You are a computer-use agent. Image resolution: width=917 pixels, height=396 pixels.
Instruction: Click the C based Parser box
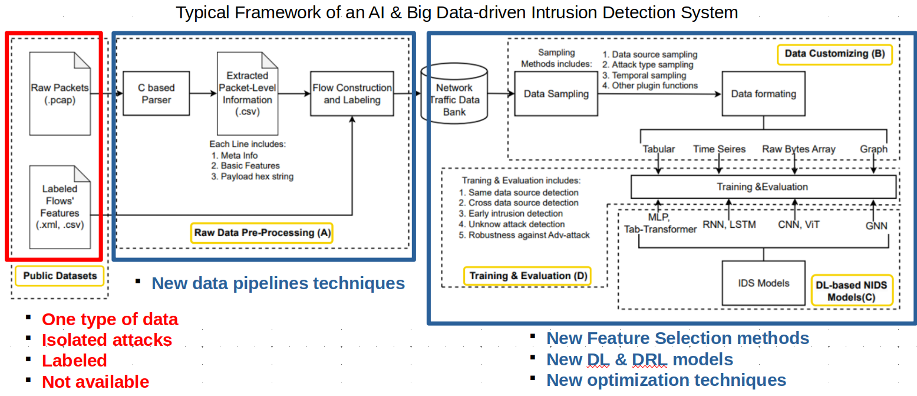(156, 94)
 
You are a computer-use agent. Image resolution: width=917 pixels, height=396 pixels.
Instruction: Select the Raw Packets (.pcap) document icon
(60, 93)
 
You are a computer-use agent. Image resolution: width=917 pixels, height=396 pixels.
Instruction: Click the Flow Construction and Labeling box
(352, 94)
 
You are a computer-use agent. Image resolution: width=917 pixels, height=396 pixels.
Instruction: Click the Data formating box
(763, 93)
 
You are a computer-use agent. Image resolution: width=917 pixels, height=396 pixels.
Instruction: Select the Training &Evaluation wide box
(763, 187)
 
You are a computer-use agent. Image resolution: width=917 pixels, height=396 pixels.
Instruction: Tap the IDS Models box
(764, 283)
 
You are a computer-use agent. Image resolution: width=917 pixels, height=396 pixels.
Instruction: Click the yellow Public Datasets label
(60, 276)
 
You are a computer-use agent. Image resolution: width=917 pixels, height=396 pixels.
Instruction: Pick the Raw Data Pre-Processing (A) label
(262, 233)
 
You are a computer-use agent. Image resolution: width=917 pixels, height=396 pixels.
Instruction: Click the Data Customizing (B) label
(834, 54)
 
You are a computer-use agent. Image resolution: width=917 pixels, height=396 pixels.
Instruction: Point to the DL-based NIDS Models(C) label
(851, 290)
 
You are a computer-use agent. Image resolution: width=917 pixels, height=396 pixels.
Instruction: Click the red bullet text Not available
(95, 382)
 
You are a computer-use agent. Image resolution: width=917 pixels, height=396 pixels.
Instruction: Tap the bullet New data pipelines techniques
(278, 284)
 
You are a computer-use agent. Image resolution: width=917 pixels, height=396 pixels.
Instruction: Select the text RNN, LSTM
(729, 224)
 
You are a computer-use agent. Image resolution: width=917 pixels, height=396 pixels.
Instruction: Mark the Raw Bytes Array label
(799, 149)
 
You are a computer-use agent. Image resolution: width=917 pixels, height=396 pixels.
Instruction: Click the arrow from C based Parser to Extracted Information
(203, 93)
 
